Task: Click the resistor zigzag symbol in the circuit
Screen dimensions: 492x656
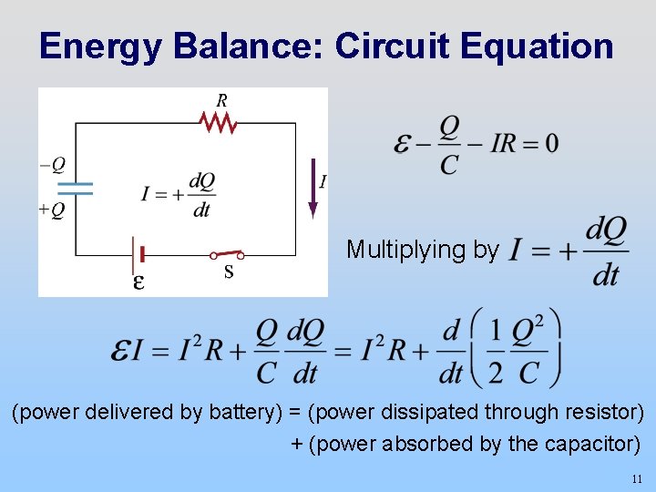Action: (x=218, y=122)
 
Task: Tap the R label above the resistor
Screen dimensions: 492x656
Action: (x=221, y=99)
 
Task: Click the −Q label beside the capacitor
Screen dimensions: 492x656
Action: (x=52, y=165)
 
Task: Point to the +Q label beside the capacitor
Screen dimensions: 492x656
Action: (x=52, y=210)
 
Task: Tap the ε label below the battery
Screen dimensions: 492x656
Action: (x=138, y=282)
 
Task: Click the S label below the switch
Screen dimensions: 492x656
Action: (x=229, y=272)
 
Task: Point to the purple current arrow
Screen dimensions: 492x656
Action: (x=313, y=188)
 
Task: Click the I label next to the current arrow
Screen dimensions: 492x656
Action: (x=323, y=182)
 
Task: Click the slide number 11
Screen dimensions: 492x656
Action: (x=636, y=478)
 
